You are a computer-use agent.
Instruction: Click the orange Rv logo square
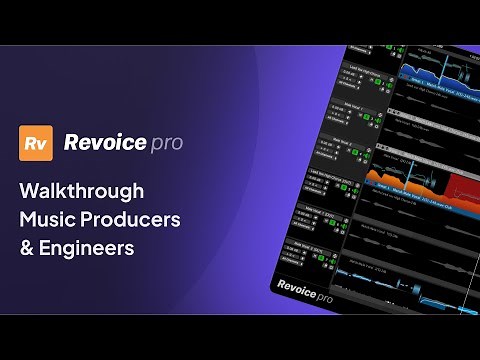point(36,144)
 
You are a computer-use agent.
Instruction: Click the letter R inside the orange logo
point(31,144)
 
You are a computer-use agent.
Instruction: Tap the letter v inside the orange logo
point(42,146)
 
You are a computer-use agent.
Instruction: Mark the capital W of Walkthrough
point(30,190)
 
